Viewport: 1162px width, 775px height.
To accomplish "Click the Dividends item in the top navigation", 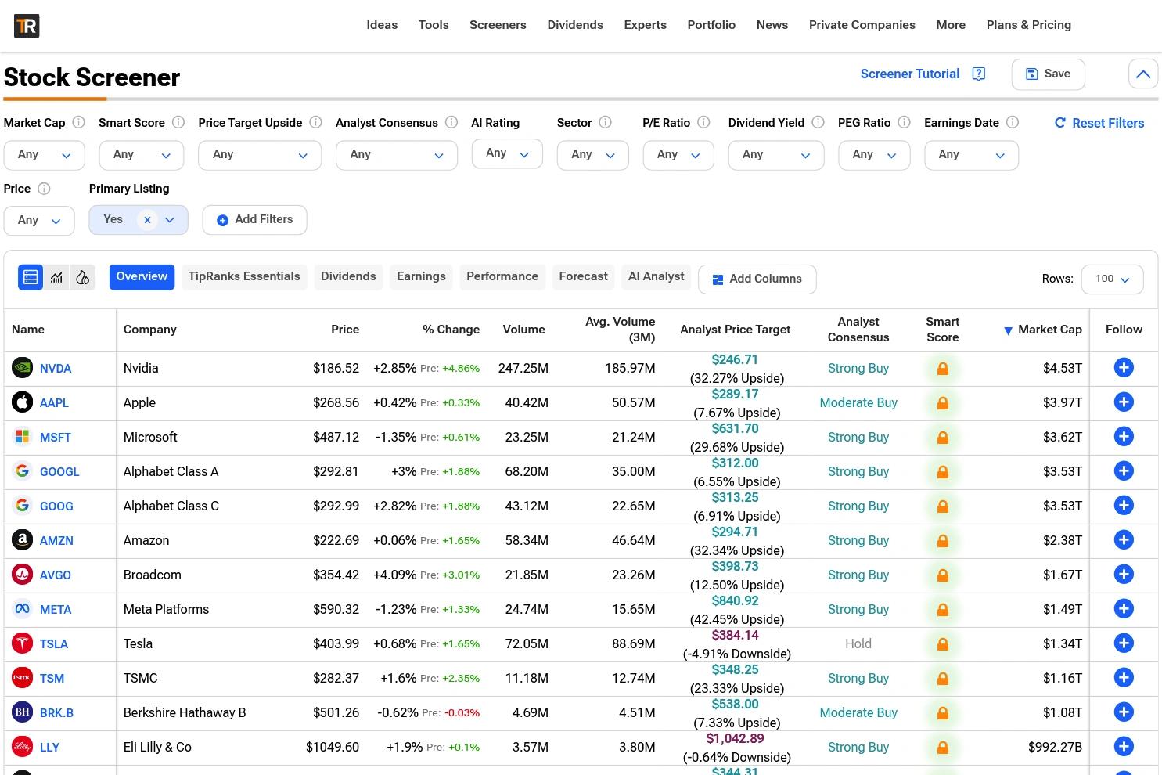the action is (x=575, y=25).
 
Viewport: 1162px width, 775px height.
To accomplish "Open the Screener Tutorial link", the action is (x=909, y=74).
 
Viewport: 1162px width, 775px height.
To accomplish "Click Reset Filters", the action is (x=1099, y=123).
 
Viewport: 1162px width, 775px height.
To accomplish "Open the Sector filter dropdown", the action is (x=592, y=155).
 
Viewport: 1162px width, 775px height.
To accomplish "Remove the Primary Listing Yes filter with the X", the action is (x=147, y=220).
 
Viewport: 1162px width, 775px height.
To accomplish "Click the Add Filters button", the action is (x=254, y=219).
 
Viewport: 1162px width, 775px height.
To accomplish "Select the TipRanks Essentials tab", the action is (x=244, y=276).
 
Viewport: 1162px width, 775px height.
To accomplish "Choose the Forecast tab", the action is (x=583, y=276).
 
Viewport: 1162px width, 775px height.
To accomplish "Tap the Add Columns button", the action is (x=757, y=279).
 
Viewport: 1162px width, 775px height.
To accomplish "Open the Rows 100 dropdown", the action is (x=1112, y=279).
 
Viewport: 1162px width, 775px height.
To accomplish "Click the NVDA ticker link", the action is (x=56, y=369).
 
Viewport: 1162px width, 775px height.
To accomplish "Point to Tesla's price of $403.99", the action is (x=336, y=643).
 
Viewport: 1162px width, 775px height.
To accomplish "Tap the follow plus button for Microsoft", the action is (x=1123, y=437).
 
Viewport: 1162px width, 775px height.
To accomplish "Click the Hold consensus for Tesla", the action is (x=858, y=643).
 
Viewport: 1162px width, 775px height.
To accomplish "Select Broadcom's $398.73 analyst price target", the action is (x=735, y=566).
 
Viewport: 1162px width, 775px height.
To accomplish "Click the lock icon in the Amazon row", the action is (x=942, y=541).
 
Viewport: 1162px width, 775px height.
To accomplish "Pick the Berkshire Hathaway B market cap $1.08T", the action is (x=1063, y=712).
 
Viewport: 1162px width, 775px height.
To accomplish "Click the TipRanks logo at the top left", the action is (x=27, y=26).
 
